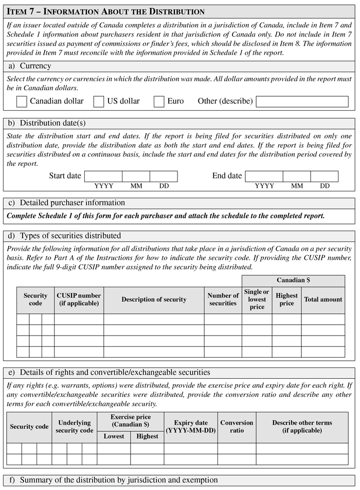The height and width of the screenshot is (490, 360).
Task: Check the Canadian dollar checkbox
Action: [x=22, y=101]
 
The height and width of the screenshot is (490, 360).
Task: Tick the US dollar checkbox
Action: [x=99, y=101]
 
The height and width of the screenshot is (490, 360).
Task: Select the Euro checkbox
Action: [x=159, y=101]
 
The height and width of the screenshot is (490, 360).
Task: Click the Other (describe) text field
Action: [x=302, y=101]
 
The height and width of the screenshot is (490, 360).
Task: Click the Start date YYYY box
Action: [x=103, y=176]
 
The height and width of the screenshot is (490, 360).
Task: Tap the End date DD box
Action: [x=325, y=176]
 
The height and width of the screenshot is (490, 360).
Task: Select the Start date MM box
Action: [x=136, y=176]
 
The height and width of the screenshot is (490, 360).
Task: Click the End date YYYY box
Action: [x=264, y=176]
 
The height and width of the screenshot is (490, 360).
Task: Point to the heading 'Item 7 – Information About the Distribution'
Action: [x=105, y=11]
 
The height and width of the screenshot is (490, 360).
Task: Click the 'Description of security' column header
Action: [x=154, y=300]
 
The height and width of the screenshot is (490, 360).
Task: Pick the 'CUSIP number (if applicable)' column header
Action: [x=79, y=300]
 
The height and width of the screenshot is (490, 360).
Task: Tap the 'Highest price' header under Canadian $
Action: [x=286, y=300]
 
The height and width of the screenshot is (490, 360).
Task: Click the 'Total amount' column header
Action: [x=323, y=300]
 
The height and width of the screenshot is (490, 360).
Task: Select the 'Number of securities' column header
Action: [x=223, y=300]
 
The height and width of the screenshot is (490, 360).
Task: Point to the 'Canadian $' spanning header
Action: [x=293, y=281]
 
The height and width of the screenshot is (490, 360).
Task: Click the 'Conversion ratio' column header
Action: [x=237, y=427]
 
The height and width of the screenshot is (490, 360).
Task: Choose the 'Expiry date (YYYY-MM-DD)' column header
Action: [x=191, y=427]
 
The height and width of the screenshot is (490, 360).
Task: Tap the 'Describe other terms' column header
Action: [x=302, y=427]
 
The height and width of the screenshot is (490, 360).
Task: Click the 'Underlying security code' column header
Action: [x=75, y=427]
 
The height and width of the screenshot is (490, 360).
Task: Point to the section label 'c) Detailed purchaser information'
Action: [x=65, y=203]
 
